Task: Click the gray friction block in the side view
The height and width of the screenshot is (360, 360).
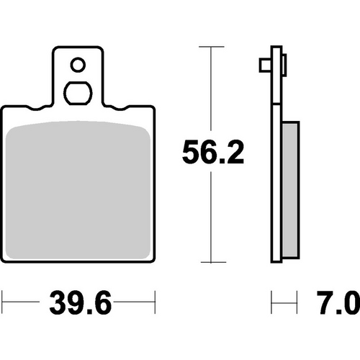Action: (x=290, y=192)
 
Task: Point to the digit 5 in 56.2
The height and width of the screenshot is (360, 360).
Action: (x=189, y=153)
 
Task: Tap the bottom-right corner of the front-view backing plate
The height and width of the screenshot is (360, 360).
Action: (x=153, y=261)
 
